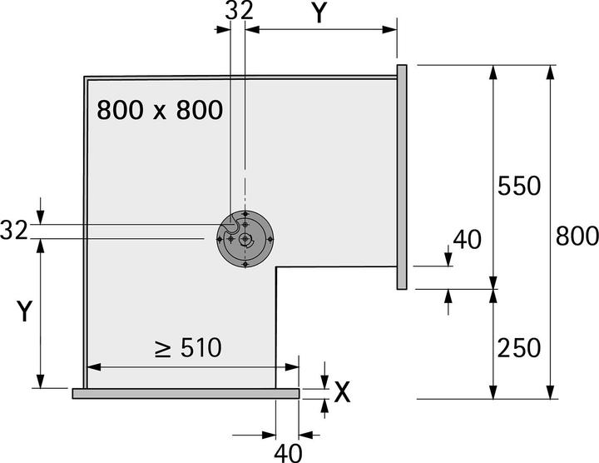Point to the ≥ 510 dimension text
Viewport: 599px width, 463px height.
(x=188, y=347)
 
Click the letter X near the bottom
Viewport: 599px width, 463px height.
(x=341, y=392)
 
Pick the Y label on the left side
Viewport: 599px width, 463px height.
(x=25, y=311)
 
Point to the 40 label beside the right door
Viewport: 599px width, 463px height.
(x=466, y=240)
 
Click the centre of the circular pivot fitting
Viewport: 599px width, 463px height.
(x=245, y=240)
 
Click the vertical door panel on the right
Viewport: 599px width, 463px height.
(x=401, y=177)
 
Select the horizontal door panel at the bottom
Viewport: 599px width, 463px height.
(x=185, y=393)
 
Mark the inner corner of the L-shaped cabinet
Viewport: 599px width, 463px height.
(x=275, y=266)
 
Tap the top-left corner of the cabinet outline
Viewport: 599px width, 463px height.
(x=86, y=78)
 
